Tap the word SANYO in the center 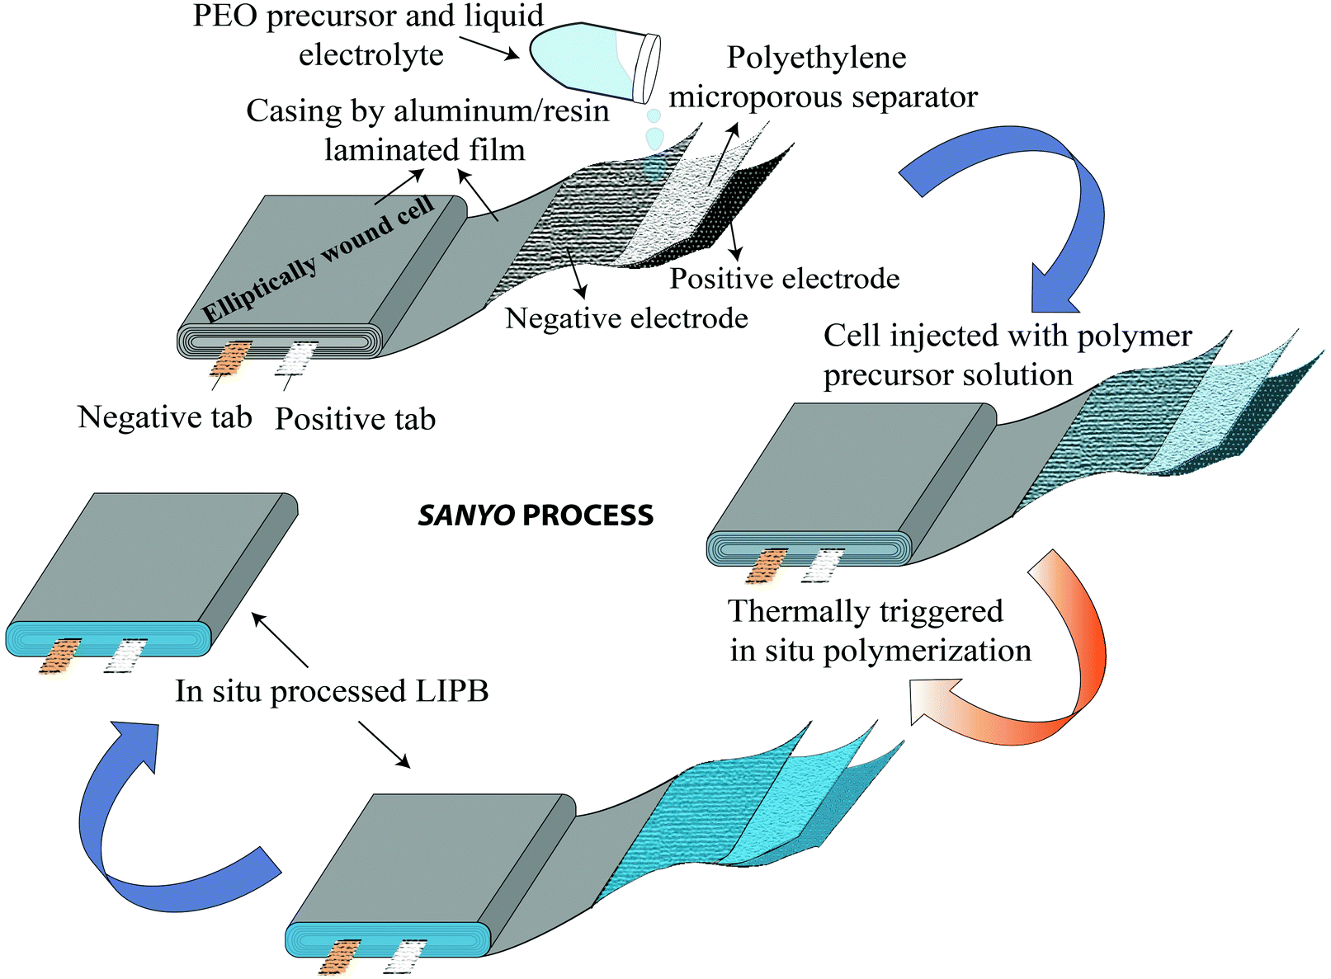point(466,516)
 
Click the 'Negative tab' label point(165,417)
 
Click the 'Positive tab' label point(355,419)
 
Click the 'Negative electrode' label point(626,318)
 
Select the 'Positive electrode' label point(784,279)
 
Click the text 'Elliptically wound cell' point(318,260)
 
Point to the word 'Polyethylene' point(816,58)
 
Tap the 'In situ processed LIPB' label point(332,691)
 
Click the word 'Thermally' point(794,612)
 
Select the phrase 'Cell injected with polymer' point(1007,337)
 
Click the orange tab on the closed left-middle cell point(60,655)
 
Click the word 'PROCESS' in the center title point(588,516)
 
